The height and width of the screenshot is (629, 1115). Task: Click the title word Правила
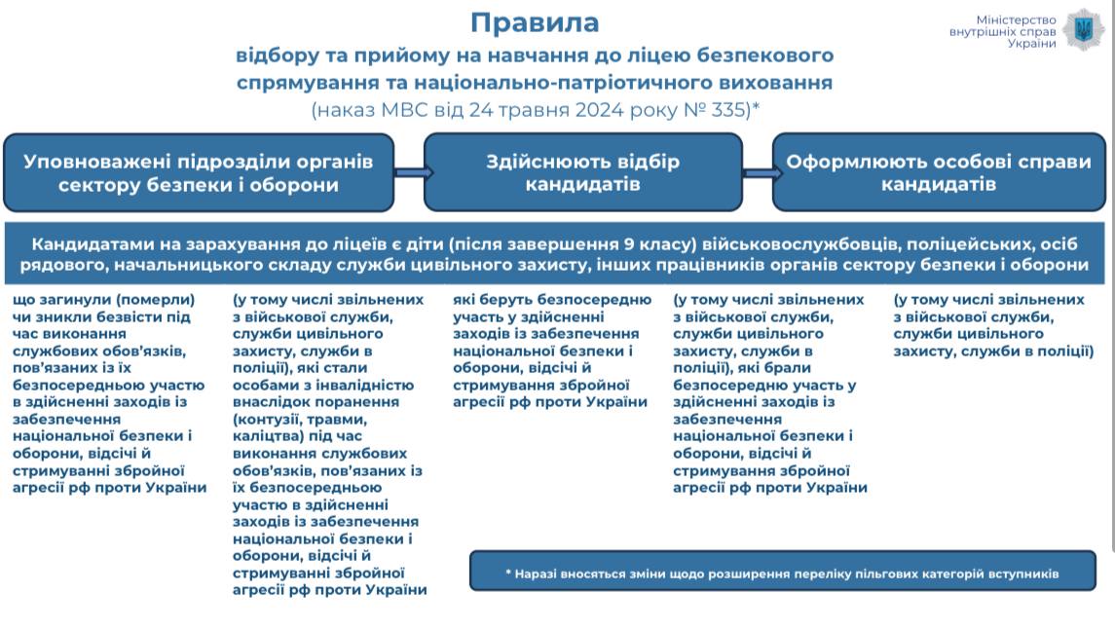(x=535, y=22)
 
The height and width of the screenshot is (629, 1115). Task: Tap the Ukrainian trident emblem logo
(x=1084, y=30)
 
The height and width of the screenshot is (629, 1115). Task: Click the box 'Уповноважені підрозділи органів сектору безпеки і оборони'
(x=199, y=172)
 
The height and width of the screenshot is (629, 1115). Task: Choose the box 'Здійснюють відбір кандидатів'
(x=583, y=172)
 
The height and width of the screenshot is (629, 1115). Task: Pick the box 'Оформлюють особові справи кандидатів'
(x=939, y=172)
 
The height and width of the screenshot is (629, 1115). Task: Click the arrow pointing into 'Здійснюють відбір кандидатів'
(x=413, y=172)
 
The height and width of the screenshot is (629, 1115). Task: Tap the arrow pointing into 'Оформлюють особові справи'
(x=762, y=172)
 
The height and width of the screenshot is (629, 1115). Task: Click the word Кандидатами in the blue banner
(x=93, y=244)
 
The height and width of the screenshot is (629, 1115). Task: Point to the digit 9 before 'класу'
(x=629, y=244)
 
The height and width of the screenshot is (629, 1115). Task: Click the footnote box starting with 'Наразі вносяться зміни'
(x=782, y=571)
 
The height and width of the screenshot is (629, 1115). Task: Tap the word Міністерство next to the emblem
(x=1016, y=19)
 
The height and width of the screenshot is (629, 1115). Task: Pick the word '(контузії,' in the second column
(x=268, y=420)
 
